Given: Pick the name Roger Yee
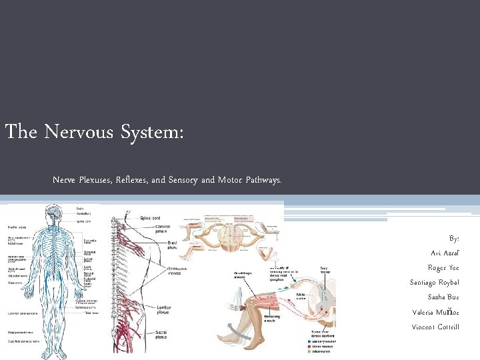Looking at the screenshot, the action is point(443,267).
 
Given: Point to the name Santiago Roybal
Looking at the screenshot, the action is point(434,282).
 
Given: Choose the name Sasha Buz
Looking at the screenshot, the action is point(443,297).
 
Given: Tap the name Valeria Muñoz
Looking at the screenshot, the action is point(436,311).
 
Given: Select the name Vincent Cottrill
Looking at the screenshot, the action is point(435,327).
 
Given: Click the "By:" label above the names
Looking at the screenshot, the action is point(454,238).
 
